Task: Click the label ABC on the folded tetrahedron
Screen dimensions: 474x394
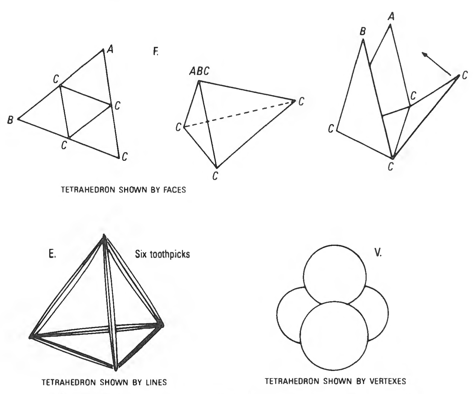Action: tap(199, 71)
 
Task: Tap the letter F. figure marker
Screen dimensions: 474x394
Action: tap(156, 52)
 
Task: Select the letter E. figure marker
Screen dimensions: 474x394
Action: tap(52, 254)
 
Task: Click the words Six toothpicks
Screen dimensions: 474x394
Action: tap(163, 254)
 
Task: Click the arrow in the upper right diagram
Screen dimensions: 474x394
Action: tap(436, 64)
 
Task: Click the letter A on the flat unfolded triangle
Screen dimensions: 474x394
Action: tap(110, 49)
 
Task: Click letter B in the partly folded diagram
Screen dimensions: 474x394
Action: tap(363, 31)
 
